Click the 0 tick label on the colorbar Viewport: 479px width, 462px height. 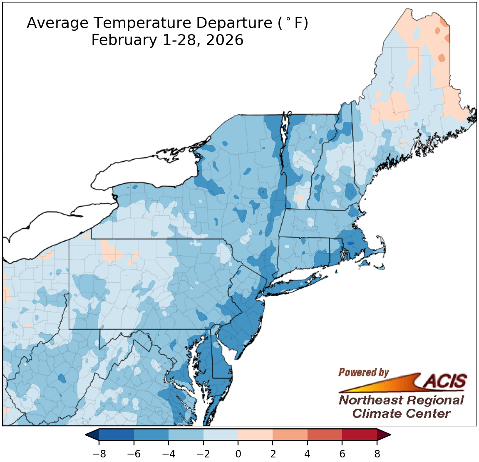(x=238, y=454)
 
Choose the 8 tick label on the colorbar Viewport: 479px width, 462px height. (x=377, y=454)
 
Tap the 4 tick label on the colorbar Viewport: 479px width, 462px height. (x=308, y=454)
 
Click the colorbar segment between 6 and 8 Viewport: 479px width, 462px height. (x=360, y=435)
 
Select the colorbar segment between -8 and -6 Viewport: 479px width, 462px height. (x=117, y=435)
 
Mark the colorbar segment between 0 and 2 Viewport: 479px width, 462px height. (x=255, y=435)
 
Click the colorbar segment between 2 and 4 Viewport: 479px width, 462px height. (x=290, y=435)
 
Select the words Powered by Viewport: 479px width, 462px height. (x=363, y=372)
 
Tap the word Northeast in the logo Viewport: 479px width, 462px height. (x=370, y=400)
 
